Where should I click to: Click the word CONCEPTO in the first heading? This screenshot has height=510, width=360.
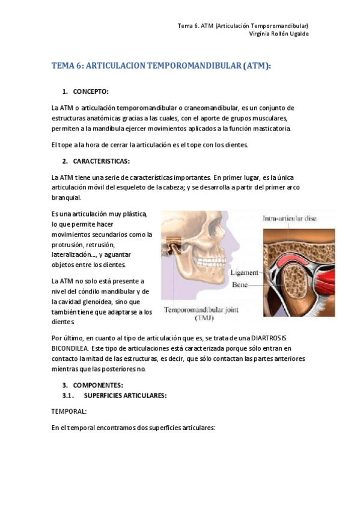point(90,91)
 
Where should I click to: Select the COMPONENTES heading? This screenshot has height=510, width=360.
point(98,384)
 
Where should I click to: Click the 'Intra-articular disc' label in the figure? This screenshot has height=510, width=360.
point(290,219)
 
